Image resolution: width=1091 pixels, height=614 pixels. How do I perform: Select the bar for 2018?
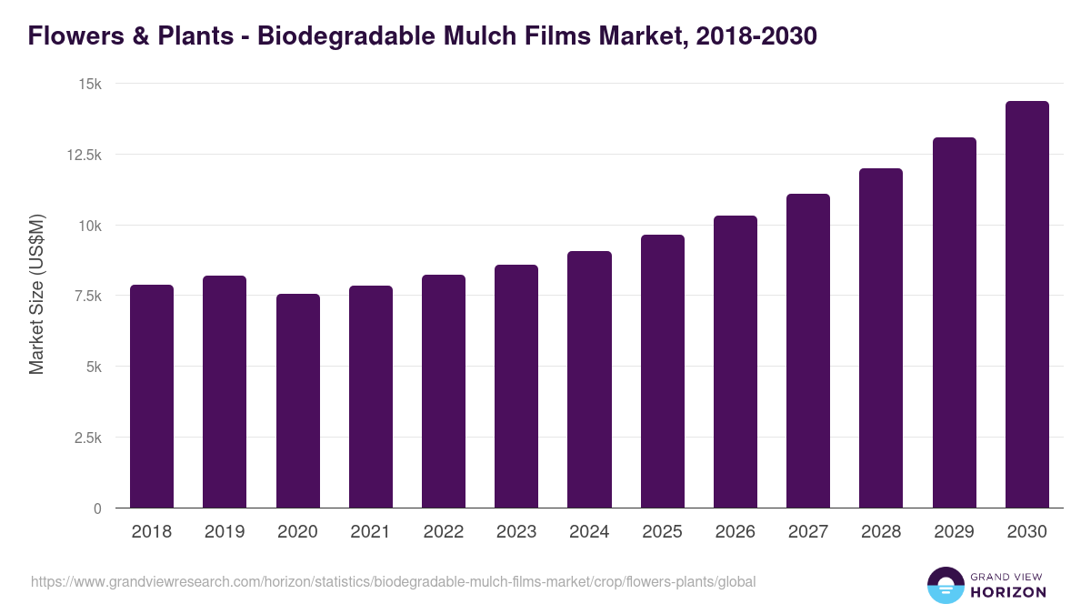(152, 397)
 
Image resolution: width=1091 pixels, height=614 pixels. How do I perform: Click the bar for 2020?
(298, 401)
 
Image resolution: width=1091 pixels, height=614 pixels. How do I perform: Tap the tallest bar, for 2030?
(1027, 305)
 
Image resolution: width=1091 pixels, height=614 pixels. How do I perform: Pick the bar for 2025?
(663, 371)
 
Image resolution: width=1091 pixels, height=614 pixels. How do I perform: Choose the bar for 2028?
(881, 338)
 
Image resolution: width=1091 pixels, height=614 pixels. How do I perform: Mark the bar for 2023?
(516, 387)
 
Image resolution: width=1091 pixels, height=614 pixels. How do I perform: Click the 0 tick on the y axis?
(96, 508)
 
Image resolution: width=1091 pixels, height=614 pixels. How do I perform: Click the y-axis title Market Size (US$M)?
(36, 295)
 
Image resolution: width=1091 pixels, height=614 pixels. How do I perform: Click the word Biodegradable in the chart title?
(349, 36)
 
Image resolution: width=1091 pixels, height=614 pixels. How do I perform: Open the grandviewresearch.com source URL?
(393, 581)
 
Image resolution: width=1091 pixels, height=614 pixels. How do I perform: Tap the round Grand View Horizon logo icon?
(945, 585)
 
